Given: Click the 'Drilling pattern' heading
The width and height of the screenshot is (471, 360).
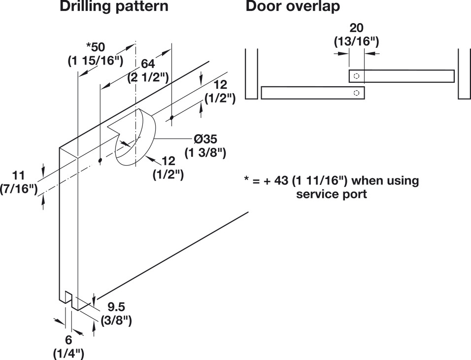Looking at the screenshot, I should coord(113,7).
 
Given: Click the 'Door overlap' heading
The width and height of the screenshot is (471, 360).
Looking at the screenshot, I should coord(293,7).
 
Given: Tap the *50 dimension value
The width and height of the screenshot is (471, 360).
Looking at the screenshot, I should coord(96,47).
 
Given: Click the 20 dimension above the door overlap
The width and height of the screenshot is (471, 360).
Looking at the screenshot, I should coord(356,28).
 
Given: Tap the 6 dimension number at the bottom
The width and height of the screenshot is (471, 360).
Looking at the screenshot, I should coord(68,340).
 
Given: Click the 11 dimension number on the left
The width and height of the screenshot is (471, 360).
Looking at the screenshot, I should coord(18,175).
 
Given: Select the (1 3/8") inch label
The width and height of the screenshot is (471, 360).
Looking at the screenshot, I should coord(205,153).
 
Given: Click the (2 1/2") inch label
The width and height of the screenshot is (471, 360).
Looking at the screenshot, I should coord(148,77).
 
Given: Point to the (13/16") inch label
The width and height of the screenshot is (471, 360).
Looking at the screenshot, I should coord(356,41).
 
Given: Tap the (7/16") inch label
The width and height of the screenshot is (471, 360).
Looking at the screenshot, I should coord(20,188).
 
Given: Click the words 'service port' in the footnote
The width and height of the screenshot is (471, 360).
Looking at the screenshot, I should coord(331,194).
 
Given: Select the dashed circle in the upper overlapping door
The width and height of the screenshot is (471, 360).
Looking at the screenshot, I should coord(357,76).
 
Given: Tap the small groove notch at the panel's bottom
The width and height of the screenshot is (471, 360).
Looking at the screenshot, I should coord(69,298).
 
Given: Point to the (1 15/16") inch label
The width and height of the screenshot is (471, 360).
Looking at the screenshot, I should coord(95,61).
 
